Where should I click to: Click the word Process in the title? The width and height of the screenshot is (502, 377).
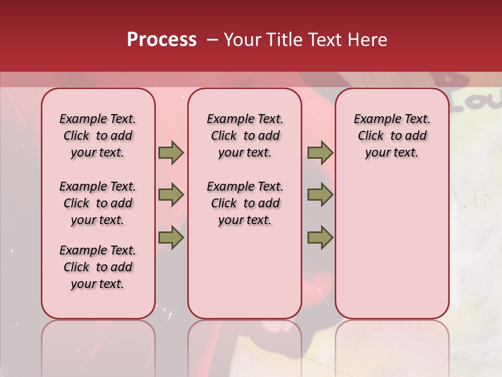tap(162, 40)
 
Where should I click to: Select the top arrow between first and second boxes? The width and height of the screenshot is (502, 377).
tap(171, 153)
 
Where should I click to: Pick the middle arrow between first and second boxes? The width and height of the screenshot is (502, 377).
tap(171, 195)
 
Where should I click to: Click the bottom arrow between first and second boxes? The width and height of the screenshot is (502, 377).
tap(171, 237)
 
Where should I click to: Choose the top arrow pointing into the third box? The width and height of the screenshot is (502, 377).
tap(320, 153)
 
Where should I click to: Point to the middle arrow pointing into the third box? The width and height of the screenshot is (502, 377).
tap(320, 195)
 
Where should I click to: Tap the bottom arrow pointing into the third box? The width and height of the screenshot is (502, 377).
tap(320, 237)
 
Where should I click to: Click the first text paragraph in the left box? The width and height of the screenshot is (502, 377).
tap(98, 136)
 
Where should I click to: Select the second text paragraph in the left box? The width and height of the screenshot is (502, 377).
tap(98, 203)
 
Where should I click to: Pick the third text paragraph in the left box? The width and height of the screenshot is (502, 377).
tap(98, 267)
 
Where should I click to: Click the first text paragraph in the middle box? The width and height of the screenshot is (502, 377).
tap(245, 136)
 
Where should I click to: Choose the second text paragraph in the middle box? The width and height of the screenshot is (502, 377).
tap(245, 203)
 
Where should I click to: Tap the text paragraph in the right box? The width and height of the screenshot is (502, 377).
tap(392, 136)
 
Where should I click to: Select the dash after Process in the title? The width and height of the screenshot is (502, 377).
tap(212, 40)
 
